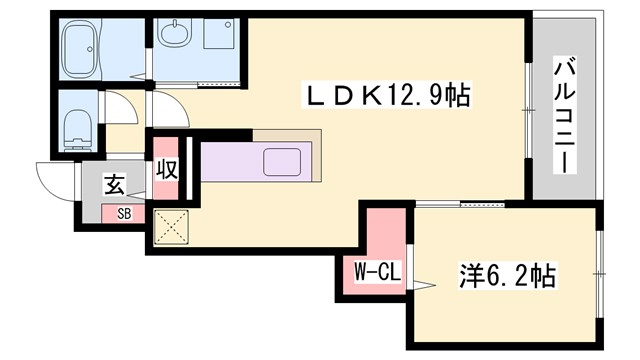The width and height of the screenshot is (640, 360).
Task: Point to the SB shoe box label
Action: coord(124,213)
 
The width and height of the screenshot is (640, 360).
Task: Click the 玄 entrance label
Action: coord(115,185)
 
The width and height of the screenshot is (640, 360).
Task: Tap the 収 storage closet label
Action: coord(166,169)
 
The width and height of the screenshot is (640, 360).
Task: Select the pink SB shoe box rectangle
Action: coord(123,213)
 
